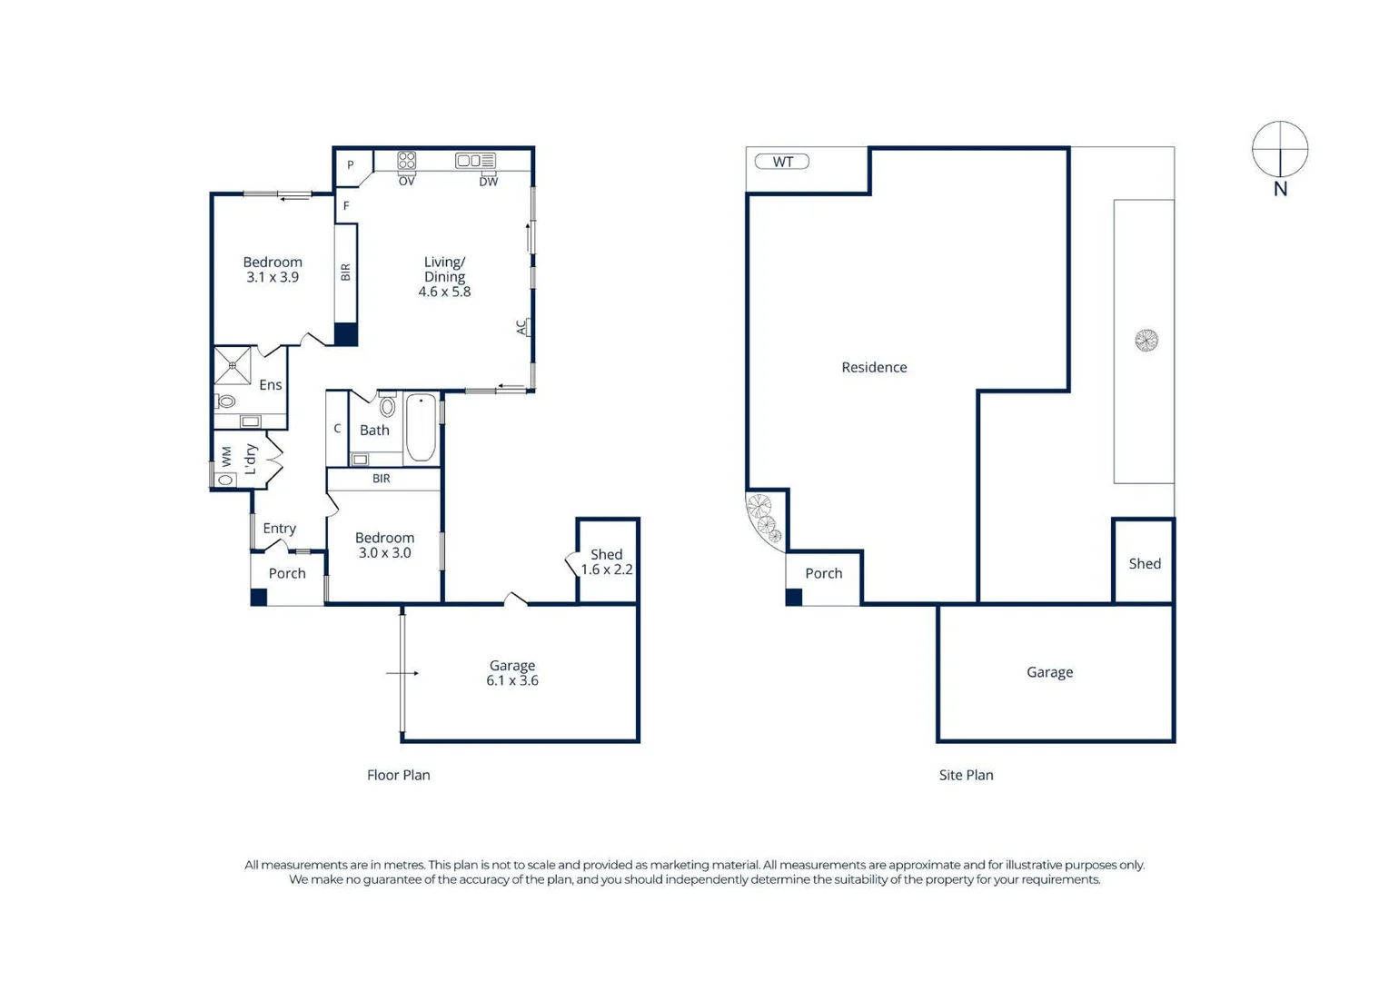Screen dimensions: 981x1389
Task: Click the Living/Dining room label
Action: click(444, 269)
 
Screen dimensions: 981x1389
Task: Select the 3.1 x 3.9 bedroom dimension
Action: click(273, 278)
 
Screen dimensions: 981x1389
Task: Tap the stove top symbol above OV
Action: click(406, 161)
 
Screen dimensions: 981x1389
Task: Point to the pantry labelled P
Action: click(351, 165)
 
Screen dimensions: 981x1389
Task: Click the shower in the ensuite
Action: click(233, 365)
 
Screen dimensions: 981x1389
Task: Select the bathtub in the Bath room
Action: click(421, 427)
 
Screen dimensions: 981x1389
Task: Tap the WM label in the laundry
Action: click(226, 456)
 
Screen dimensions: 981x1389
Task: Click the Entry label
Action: click(279, 529)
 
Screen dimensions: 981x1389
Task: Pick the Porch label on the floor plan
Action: click(287, 574)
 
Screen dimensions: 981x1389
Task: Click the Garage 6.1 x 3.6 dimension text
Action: click(512, 681)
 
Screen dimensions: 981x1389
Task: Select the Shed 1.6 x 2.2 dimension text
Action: click(606, 570)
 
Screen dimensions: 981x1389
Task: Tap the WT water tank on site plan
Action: click(782, 162)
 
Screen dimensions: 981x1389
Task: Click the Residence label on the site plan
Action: click(874, 368)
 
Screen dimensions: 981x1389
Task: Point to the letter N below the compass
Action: click(1280, 189)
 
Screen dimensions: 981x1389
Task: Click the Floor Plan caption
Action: click(398, 776)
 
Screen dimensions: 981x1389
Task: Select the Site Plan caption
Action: click(966, 776)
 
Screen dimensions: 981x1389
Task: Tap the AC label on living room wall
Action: click(521, 327)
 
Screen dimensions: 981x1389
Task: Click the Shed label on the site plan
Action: click(1145, 564)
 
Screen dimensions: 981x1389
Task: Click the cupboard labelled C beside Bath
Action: click(337, 429)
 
